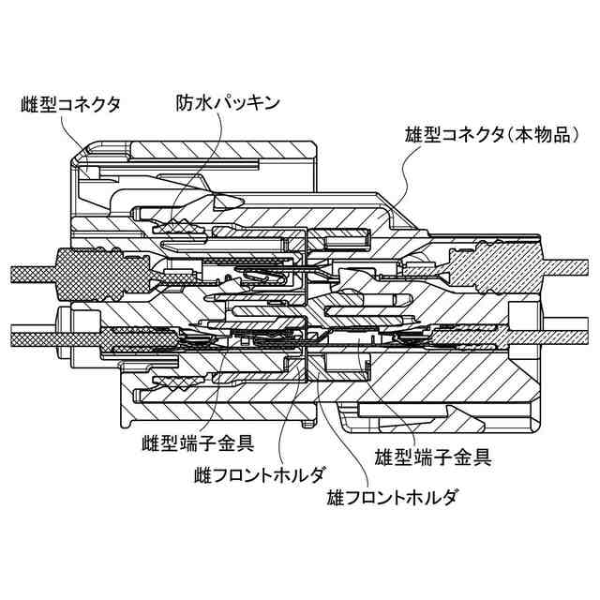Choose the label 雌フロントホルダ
coord(261,474)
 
